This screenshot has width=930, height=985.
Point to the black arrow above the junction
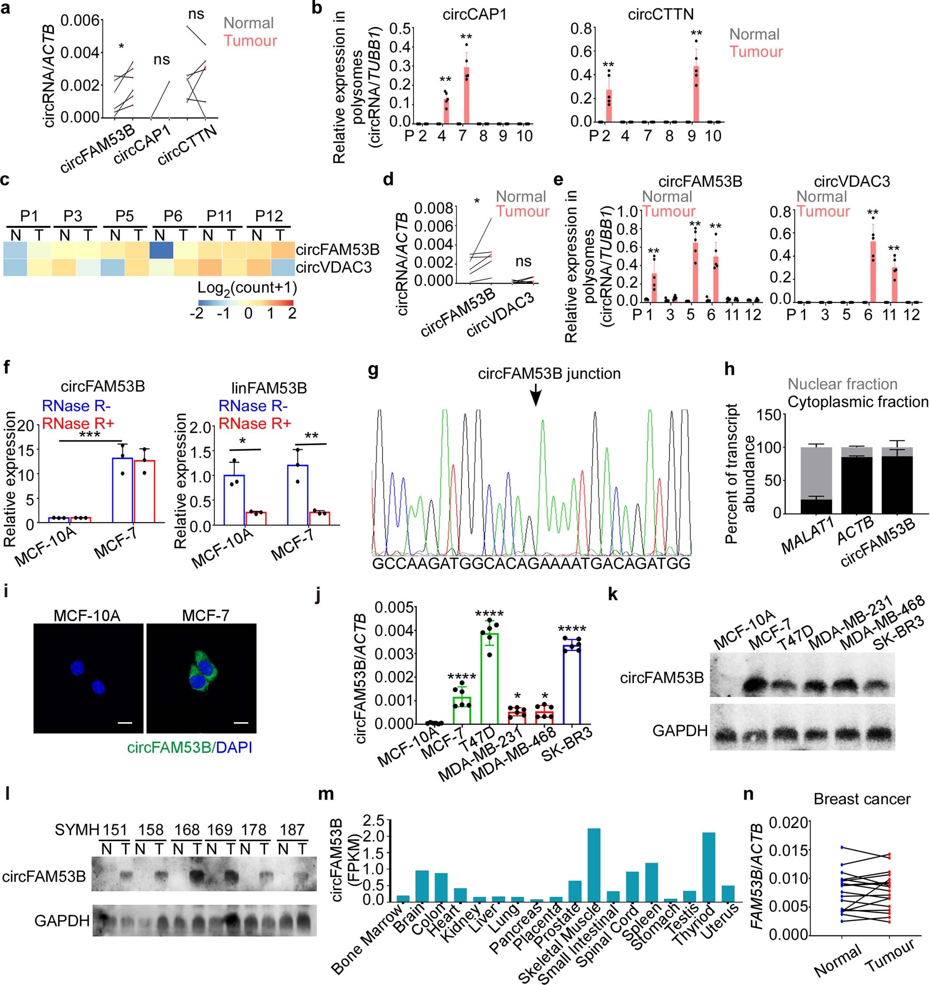pyautogui.click(x=536, y=396)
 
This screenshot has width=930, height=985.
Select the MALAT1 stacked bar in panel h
pyautogui.click(x=816, y=480)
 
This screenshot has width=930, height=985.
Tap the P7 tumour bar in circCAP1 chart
pyautogui.click(x=466, y=95)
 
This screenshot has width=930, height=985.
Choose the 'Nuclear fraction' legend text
pyautogui.click(x=842, y=384)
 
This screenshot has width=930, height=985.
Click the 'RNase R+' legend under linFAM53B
pyautogui.click(x=255, y=424)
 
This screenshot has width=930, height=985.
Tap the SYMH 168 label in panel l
pyautogui.click(x=186, y=829)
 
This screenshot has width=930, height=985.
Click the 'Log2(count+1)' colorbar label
pyautogui.click(x=247, y=288)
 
